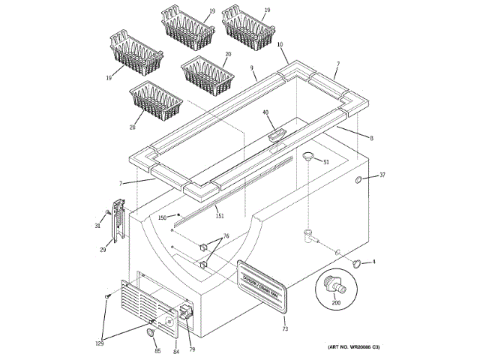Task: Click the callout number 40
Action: [265, 112]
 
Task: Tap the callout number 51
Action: [326, 162]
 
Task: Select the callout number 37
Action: [382, 175]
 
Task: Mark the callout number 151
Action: [220, 216]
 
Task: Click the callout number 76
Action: [224, 237]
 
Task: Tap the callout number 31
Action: [97, 226]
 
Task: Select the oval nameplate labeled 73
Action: [262, 287]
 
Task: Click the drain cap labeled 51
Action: [307, 155]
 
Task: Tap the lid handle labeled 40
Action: [274, 134]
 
